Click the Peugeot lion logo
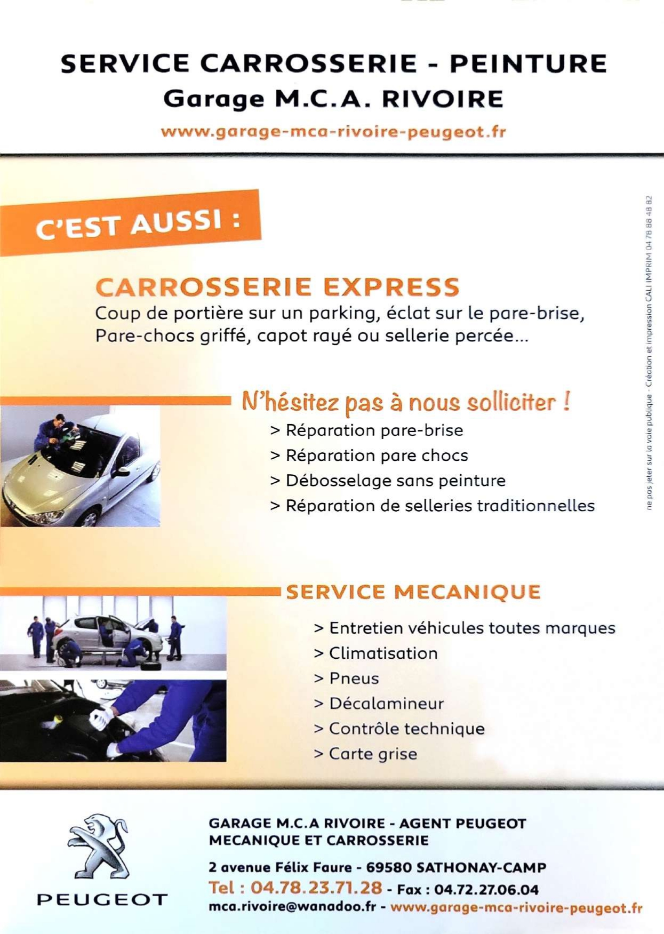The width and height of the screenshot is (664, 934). [99, 847]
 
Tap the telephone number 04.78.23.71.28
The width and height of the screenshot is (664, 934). [316, 888]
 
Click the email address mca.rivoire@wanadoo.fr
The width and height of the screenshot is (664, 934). [292, 907]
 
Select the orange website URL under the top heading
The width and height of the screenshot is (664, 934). [333, 132]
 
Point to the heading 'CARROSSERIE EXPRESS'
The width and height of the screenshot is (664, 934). [277, 287]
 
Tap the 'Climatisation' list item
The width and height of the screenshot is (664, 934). [376, 653]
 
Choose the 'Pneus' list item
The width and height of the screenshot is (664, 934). [347, 678]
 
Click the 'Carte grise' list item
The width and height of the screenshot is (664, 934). [365, 754]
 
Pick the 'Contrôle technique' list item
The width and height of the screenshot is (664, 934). [399, 729]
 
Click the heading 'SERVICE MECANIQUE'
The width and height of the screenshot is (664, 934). [414, 592]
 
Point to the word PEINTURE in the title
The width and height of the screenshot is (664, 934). [529, 63]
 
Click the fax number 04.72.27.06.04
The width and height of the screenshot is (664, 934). [486, 890]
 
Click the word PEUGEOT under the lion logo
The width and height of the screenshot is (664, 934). [102, 900]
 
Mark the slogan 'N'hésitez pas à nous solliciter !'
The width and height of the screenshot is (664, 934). [406, 402]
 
